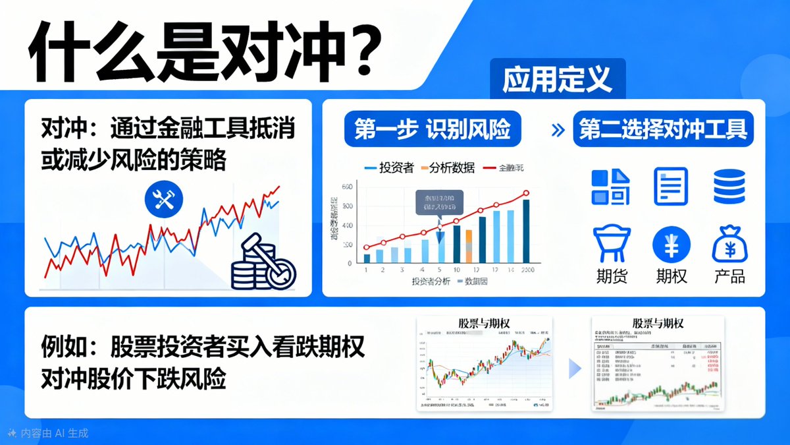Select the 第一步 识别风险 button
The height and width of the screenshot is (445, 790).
click(433, 130)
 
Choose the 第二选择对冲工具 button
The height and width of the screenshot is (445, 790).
click(663, 130)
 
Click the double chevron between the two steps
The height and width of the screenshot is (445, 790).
click(558, 131)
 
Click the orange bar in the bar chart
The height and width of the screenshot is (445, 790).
click(469, 247)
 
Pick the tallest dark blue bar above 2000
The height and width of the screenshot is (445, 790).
click(525, 231)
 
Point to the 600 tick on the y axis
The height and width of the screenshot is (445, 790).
click(347, 187)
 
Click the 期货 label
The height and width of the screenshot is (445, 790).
click(612, 276)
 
